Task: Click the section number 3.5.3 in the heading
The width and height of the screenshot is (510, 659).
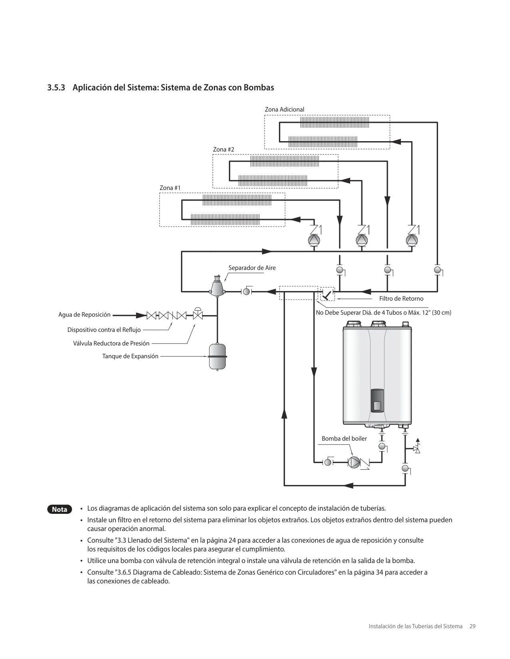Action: tap(56, 88)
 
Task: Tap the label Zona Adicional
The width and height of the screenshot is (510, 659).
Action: tap(284, 110)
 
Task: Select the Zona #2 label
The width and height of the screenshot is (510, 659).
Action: tap(223, 150)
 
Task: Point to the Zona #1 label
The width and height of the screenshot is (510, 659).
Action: tap(170, 188)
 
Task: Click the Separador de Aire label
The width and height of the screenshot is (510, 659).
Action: tap(252, 268)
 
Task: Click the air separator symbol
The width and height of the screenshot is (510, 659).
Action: tap(217, 286)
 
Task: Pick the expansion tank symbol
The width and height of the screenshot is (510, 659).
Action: tap(217, 357)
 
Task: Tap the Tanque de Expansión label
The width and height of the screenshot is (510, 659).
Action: tap(130, 356)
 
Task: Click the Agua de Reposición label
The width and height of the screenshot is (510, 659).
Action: tap(84, 315)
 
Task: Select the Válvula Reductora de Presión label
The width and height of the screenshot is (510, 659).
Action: tap(111, 343)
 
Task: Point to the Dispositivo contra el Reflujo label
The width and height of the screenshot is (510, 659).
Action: tap(104, 329)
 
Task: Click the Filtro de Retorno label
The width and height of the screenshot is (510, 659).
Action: tap(401, 299)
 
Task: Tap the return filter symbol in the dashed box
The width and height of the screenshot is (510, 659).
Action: tap(327, 294)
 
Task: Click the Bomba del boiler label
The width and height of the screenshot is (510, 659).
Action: tap(344, 439)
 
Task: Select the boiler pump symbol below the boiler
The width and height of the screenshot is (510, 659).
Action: tap(354, 462)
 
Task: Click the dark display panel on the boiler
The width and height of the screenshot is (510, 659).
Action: tap(377, 400)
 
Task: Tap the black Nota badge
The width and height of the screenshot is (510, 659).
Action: tap(60, 509)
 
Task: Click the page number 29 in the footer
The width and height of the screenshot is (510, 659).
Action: tap(472, 626)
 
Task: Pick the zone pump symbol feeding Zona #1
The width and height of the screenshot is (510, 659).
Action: tap(314, 240)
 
